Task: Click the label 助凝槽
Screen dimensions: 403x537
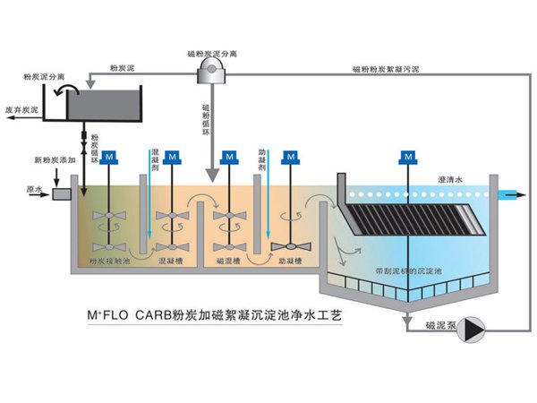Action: tap(289, 261)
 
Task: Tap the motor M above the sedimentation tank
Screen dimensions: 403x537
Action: tap(409, 157)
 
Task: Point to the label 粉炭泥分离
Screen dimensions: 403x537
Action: tap(43, 78)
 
